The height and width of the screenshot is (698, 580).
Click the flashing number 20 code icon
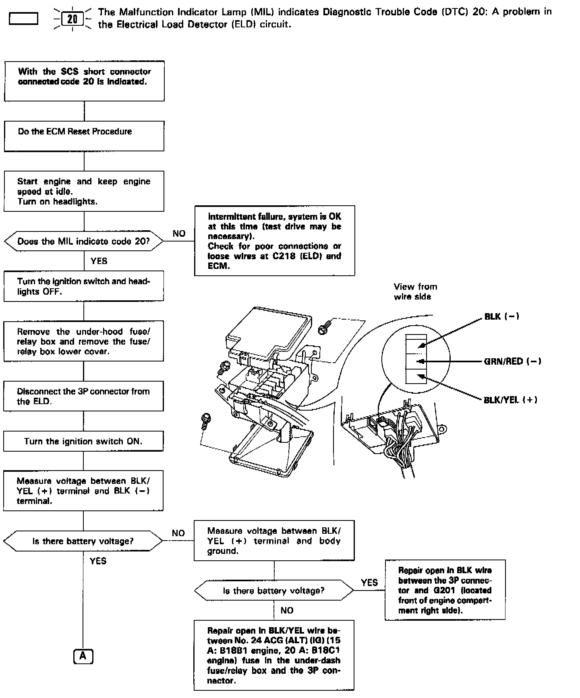(x=72, y=19)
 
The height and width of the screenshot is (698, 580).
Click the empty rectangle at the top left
(x=23, y=19)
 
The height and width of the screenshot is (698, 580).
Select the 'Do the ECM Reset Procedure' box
(x=84, y=136)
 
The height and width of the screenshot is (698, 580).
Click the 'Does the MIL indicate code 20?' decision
(x=84, y=242)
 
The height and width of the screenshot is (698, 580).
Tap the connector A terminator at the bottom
(x=83, y=657)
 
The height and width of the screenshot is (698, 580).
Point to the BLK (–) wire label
(x=501, y=317)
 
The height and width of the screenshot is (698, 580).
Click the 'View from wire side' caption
(x=415, y=291)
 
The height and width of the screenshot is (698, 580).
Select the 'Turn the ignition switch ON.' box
(x=83, y=441)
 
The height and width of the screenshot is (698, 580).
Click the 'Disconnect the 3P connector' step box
(x=83, y=396)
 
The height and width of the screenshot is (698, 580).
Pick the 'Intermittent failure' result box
(x=274, y=241)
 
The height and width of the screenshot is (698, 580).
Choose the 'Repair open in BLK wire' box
(x=445, y=590)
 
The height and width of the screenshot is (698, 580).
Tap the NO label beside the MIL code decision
(x=179, y=233)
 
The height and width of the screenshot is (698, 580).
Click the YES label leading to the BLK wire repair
(x=369, y=582)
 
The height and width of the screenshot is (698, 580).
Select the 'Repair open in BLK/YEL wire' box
(x=274, y=655)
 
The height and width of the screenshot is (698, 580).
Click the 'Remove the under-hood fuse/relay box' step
(x=83, y=341)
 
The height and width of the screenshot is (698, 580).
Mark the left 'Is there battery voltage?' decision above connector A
(x=83, y=541)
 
